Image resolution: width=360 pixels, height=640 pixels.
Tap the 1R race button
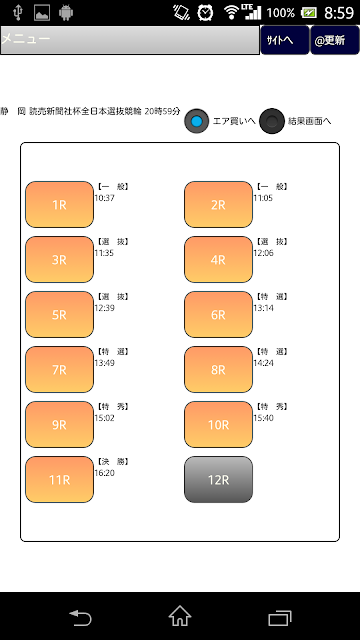pyautogui.click(x=60, y=204)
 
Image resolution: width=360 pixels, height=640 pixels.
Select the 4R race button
pyautogui.click(x=218, y=260)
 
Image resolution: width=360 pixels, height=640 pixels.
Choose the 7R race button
pyautogui.click(x=60, y=369)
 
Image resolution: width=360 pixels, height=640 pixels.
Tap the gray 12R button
pyautogui.click(x=218, y=480)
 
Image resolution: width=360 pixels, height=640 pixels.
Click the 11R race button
pyautogui.click(x=60, y=480)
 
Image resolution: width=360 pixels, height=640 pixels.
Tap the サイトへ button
pyautogui.click(x=285, y=40)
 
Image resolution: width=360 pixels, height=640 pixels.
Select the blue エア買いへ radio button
pyautogui.click(x=197, y=121)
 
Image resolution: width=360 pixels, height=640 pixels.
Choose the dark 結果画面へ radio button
pyautogui.click(x=272, y=121)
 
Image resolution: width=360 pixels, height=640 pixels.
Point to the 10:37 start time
pyautogui.click(x=104, y=198)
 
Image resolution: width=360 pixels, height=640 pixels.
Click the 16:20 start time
pyautogui.click(x=104, y=473)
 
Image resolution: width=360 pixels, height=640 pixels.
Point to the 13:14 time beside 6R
pyautogui.click(x=263, y=308)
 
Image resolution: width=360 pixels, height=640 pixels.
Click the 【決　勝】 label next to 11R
pyautogui.click(x=113, y=462)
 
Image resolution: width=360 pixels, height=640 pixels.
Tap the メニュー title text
pyautogui.click(x=26, y=39)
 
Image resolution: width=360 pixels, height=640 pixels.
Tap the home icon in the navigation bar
pyautogui.click(x=180, y=616)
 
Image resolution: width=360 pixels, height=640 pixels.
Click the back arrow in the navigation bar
pyautogui.click(x=80, y=617)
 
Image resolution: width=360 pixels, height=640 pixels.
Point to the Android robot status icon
pyautogui.click(x=66, y=13)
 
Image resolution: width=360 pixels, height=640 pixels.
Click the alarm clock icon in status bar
pyautogui.click(x=205, y=13)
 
